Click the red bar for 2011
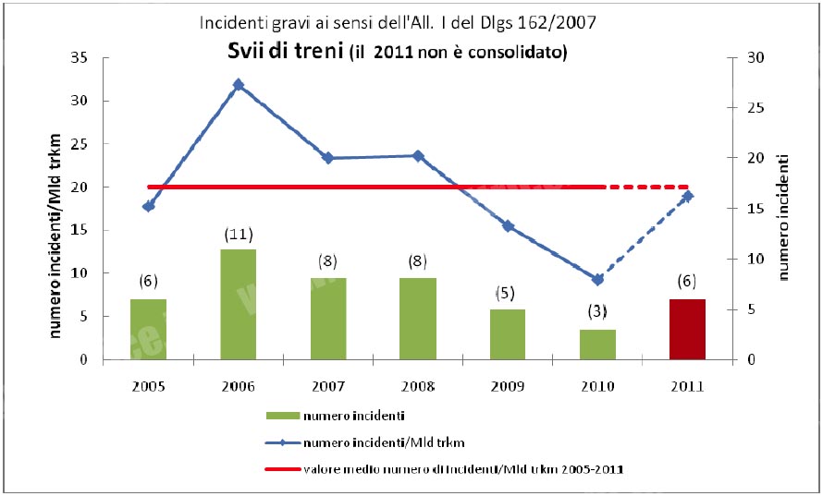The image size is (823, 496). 687,329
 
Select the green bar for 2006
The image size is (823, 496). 239,304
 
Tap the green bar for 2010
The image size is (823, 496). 596,344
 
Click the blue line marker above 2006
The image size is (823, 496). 239,84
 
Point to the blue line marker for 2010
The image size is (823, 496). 597,279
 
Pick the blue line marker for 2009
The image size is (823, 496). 508,225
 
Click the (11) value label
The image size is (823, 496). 239,235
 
